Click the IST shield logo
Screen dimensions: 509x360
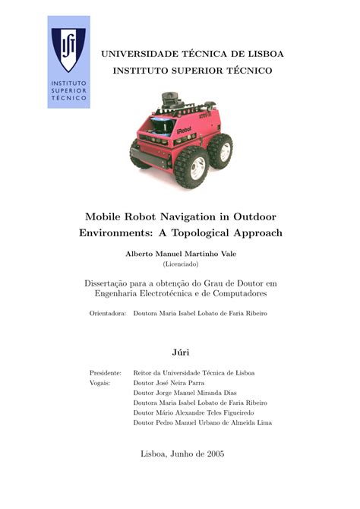pos(68,47)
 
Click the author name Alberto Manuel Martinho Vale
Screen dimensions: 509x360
pos(180,253)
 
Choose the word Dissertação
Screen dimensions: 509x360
pos(113,283)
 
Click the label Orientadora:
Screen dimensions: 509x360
pos(107,312)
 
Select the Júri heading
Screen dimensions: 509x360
pos(180,353)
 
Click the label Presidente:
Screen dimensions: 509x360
pos(106,373)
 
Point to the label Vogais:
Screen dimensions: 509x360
pos(100,383)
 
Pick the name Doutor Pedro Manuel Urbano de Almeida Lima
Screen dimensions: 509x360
pos(202,422)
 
